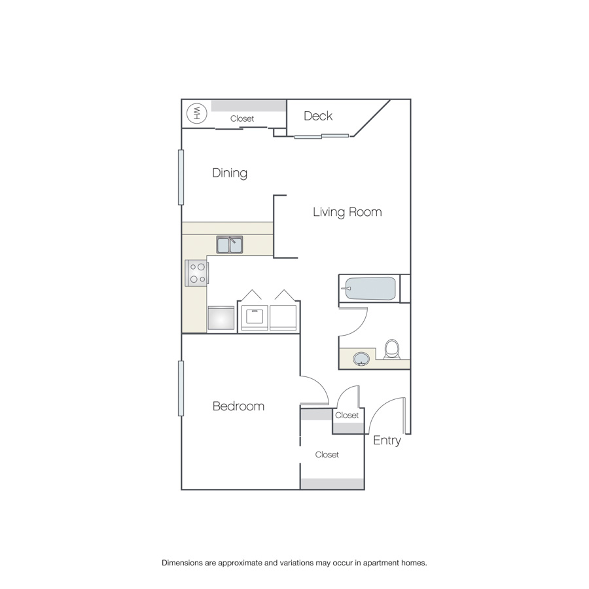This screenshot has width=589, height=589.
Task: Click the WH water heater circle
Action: pos(196,113)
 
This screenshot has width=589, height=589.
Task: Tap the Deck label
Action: pos(318,116)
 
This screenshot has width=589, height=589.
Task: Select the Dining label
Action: pos(230,173)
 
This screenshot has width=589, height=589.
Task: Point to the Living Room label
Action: pos(347,212)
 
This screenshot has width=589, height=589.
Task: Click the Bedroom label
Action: pos(238,406)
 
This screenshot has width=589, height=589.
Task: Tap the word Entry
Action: pos(387,440)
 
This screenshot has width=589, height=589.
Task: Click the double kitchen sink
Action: pos(230,245)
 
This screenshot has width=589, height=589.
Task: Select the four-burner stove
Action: pos(196,273)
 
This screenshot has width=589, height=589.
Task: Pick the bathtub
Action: pos(370,289)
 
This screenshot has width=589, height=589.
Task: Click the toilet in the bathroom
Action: pos(392,349)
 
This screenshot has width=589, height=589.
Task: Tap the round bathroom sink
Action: pos(361,359)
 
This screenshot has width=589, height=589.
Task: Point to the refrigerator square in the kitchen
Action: pos(221,319)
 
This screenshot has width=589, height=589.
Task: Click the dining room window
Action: pos(181,177)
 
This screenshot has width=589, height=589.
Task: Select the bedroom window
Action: pos(181,388)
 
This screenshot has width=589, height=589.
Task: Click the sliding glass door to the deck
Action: pos(321,136)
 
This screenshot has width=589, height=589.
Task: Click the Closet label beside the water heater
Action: pos(242,118)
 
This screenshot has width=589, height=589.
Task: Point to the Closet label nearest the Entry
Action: pos(347,415)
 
